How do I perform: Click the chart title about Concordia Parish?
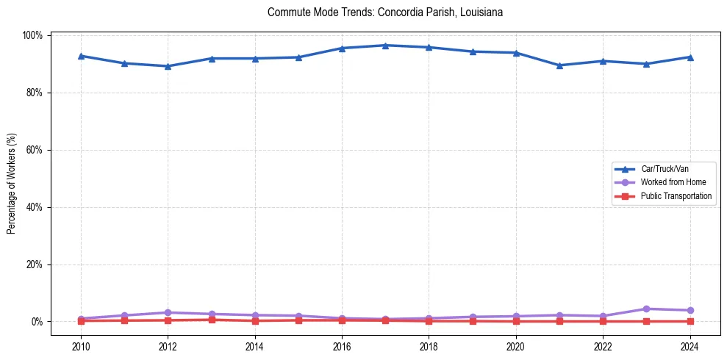[385, 12]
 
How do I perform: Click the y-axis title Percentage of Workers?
[12, 179]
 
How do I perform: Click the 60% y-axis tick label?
[35, 150]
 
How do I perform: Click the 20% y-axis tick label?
[35, 264]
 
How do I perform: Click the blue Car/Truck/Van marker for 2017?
[385, 46]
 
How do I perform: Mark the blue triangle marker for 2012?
[168, 66]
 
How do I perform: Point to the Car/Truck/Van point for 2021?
[559, 65]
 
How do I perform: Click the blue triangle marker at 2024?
[690, 57]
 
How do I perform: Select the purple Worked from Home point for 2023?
[646, 309]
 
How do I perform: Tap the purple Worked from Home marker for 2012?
[168, 312]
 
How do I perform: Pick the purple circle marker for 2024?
[690, 310]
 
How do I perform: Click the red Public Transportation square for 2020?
[516, 321]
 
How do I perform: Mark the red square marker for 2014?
[255, 320]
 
